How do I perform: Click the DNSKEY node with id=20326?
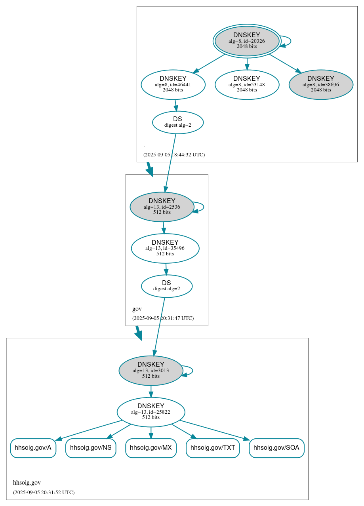(247, 41)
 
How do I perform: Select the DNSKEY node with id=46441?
(173, 84)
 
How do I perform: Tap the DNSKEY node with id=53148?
(247, 84)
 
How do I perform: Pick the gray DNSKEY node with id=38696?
(321, 84)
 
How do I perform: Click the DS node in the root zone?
(177, 122)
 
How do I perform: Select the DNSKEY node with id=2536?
(162, 207)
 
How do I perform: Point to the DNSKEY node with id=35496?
(165, 248)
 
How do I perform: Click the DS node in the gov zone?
(167, 286)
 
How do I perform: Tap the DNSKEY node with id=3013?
(151, 371)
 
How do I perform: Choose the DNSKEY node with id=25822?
(151, 412)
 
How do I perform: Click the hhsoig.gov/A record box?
(33, 448)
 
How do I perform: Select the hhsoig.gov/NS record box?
(91, 448)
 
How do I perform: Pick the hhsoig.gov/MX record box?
(151, 448)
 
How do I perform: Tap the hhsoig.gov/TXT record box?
(213, 448)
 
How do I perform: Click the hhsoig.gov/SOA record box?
(276, 448)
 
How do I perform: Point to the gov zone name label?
(137, 309)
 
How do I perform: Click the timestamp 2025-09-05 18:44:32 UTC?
(174, 155)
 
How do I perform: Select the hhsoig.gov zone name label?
(27, 483)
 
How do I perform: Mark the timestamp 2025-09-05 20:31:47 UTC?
(163, 318)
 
